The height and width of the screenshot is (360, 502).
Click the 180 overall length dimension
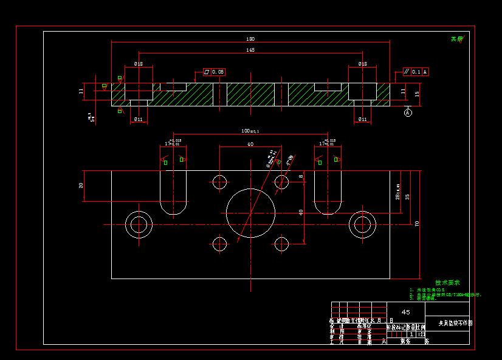point(251,39)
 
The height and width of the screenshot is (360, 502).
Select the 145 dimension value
point(251,50)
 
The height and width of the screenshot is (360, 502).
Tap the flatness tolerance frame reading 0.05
point(215,72)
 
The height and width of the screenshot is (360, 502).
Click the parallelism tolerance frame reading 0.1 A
point(416,72)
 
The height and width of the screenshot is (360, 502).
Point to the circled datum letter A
point(408,112)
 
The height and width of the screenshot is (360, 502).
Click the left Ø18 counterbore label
point(139,63)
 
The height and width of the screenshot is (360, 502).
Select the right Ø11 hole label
point(362,119)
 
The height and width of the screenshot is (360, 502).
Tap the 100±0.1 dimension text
point(250,131)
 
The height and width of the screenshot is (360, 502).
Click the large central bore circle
point(250,212)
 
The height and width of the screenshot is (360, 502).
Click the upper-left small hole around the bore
point(220,182)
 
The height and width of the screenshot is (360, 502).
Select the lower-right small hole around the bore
point(281,244)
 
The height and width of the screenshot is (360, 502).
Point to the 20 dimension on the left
point(81,185)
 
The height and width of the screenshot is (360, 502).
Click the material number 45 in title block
point(406,311)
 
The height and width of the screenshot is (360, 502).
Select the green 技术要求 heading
point(447,282)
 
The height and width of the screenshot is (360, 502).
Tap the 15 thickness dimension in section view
point(417,94)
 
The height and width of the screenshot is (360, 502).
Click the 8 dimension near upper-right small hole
point(300,176)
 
